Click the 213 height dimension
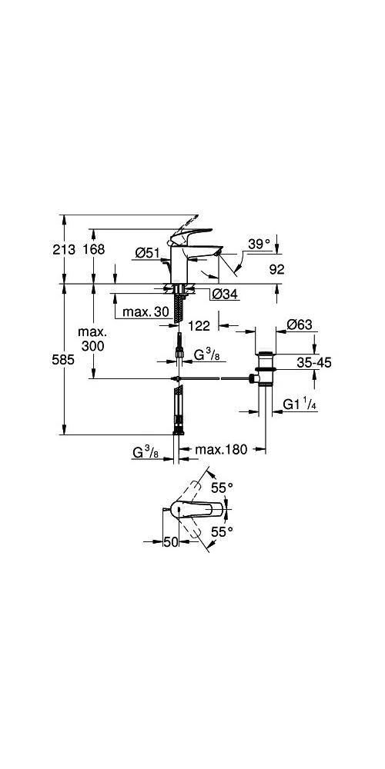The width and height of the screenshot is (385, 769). click(64, 250)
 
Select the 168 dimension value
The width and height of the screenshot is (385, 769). click(93, 250)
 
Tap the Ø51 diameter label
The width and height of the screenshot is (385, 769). click(147, 253)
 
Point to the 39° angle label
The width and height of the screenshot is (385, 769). click(259, 245)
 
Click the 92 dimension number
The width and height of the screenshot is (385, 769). click(276, 268)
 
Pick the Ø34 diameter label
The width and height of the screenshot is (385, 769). click(225, 295)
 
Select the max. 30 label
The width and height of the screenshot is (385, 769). click(146, 311)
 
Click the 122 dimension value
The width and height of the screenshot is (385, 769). click(199, 325)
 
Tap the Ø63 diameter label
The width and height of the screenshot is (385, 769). click(300, 325)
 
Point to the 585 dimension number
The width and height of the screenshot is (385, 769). click(64, 360)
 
